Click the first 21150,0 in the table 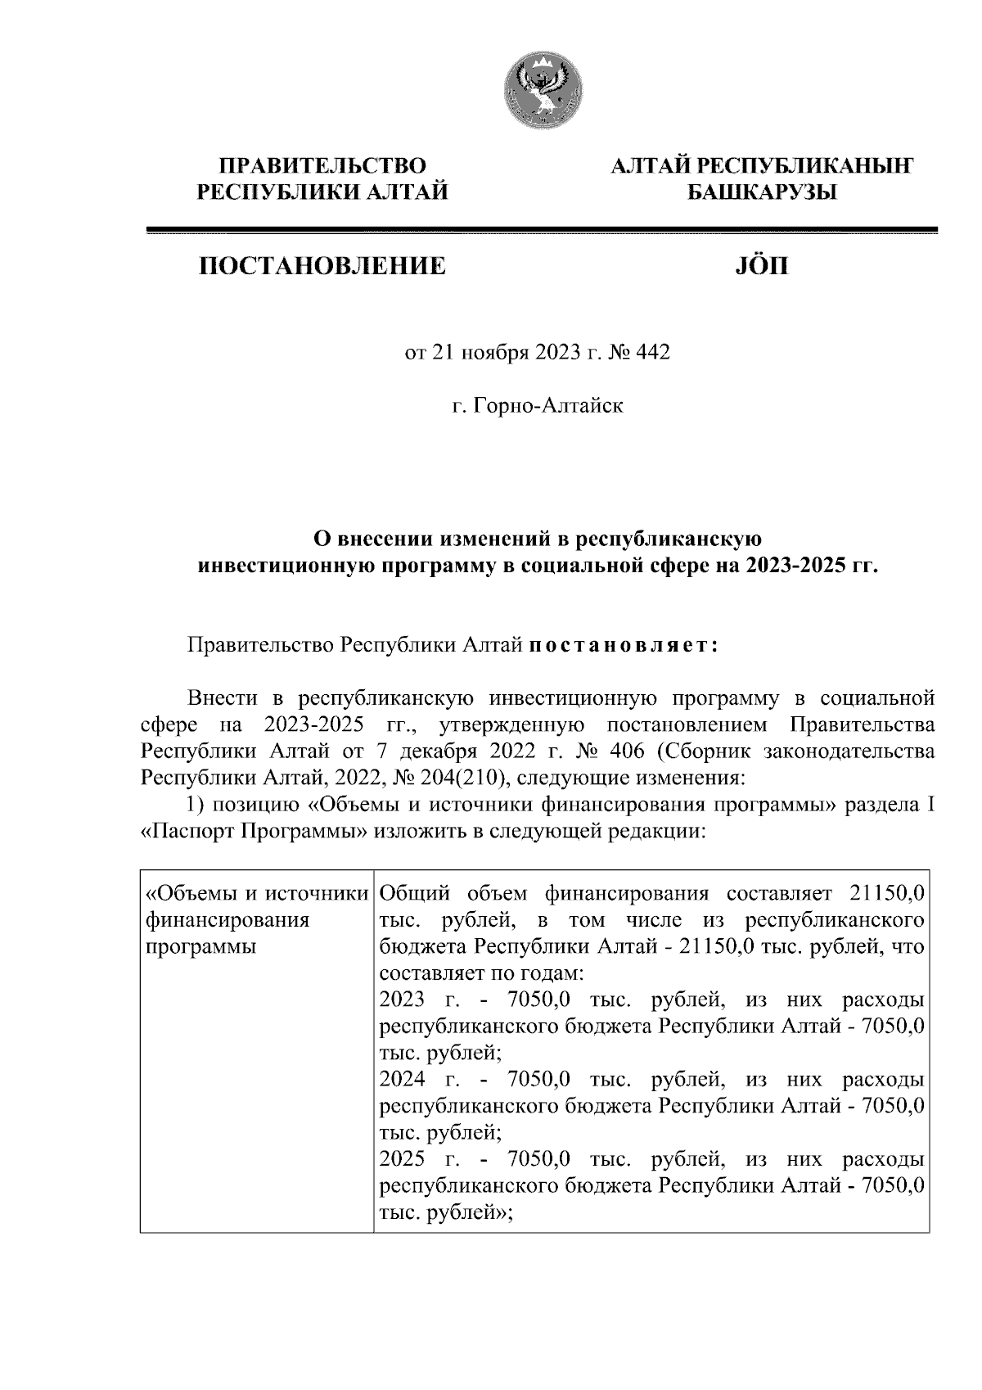(x=888, y=893)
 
